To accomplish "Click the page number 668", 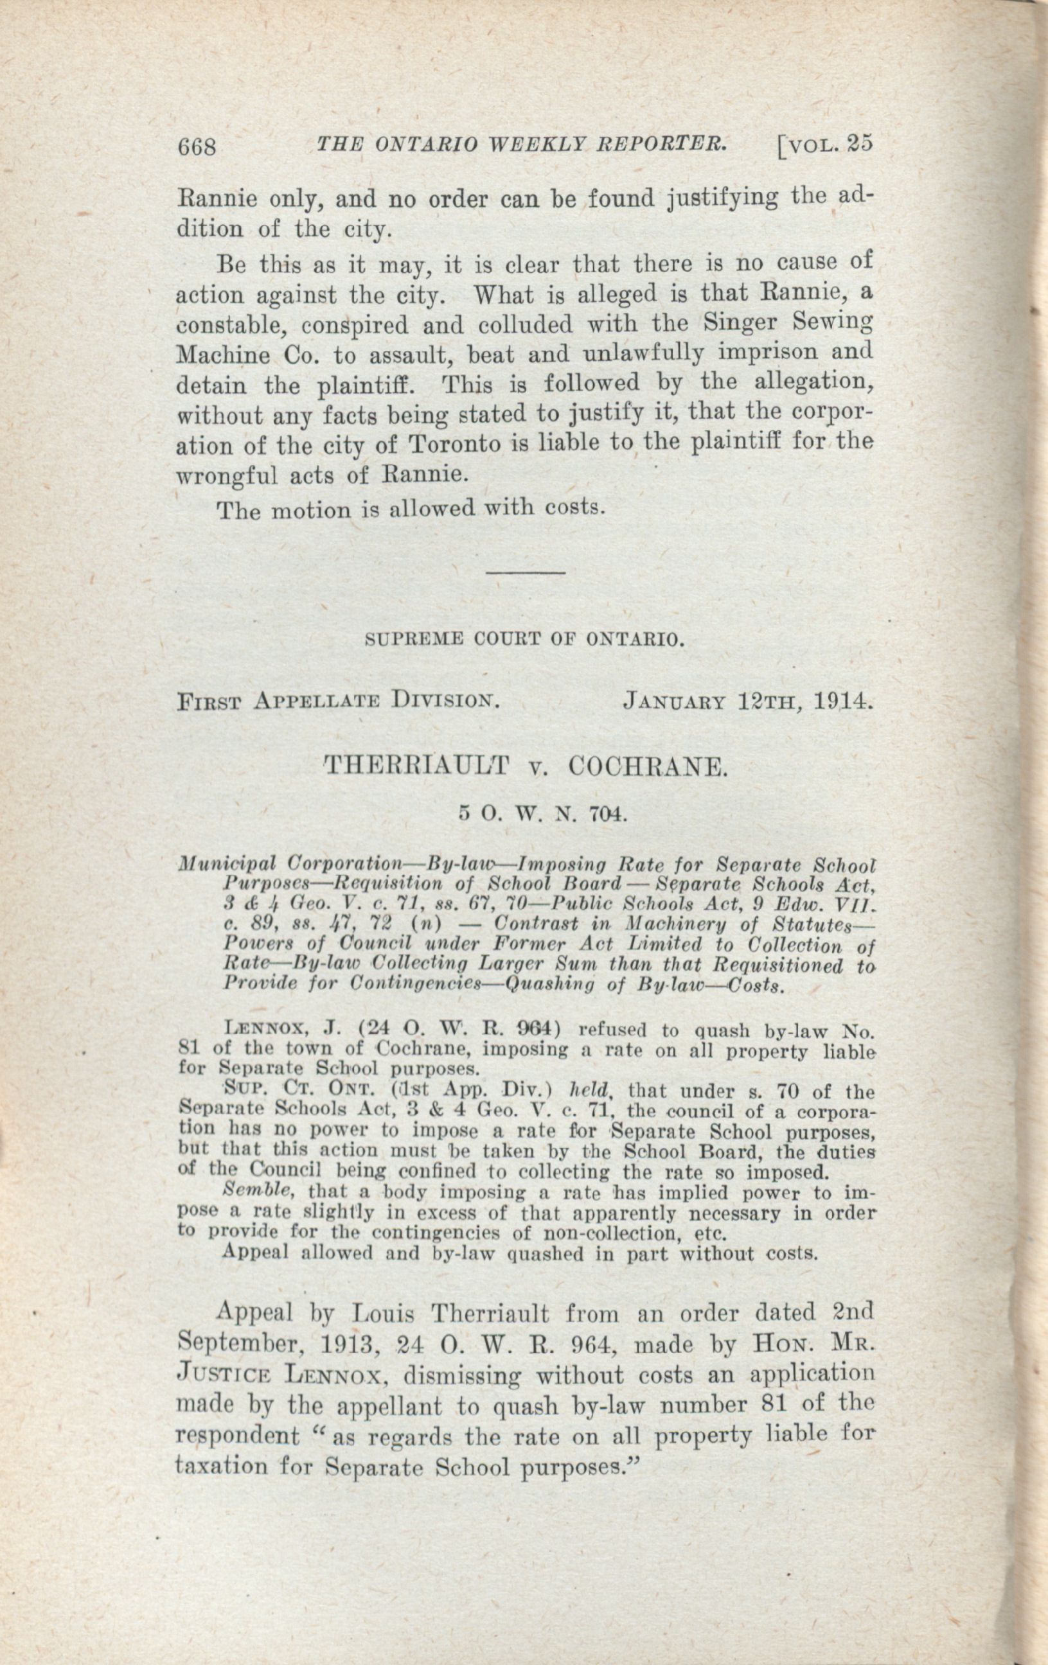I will [x=197, y=147].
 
